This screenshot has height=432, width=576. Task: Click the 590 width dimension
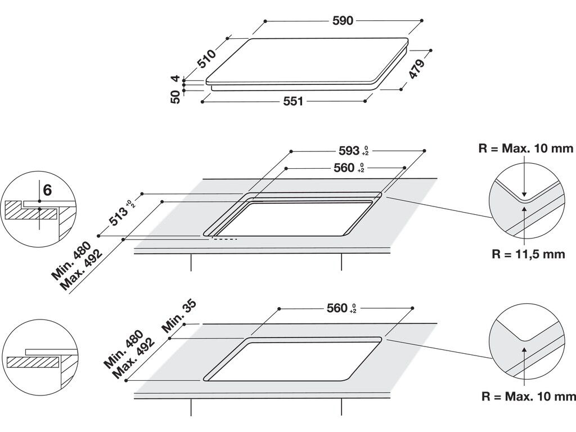(x=343, y=21)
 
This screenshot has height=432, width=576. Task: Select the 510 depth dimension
(x=207, y=58)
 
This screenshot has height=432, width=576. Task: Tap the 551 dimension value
(x=293, y=101)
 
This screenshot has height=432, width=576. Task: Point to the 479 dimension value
(x=417, y=69)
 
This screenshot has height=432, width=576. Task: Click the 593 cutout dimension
(x=349, y=151)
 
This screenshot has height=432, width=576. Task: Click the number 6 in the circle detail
(x=47, y=190)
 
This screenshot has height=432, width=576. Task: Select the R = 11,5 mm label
(x=528, y=254)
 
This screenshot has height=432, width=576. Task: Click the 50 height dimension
(x=175, y=97)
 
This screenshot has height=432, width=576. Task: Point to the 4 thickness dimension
(x=175, y=79)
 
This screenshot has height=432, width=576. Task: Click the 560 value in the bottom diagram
(x=337, y=308)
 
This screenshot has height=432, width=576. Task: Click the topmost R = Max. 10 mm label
(x=526, y=149)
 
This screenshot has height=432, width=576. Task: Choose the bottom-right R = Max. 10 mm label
(x=529, y=397)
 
